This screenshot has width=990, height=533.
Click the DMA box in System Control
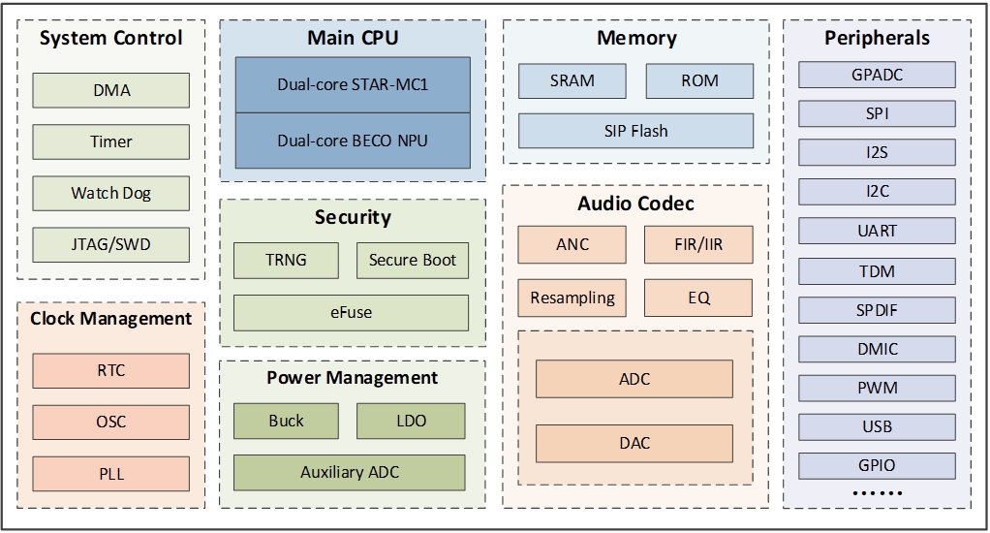[111, 90]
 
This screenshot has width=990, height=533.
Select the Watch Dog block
[111, 193]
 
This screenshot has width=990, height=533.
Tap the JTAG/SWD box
[111, 244]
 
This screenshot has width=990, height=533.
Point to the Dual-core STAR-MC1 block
[353, 84]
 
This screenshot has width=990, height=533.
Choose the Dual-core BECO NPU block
[353, 141]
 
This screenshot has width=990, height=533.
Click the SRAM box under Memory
[572, 80]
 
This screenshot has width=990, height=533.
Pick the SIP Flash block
[635, 131]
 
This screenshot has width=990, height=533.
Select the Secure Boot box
[413, 260]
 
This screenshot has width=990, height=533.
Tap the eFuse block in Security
[351, 312]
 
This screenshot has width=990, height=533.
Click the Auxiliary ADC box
[350, 473]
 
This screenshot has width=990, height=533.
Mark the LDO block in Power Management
[412, 421]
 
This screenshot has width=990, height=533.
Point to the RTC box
[111, 370]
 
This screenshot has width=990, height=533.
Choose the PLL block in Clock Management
[111, 475]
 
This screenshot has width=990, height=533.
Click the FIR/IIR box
[698, 244]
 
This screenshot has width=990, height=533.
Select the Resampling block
[572, 298]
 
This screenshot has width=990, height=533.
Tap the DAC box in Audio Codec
[634, 443]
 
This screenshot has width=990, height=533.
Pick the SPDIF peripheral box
[877, 310]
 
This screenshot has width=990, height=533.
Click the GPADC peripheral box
[877, 75]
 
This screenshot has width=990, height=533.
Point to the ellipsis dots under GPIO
[877, 493]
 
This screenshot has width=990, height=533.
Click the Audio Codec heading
[635, 204]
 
